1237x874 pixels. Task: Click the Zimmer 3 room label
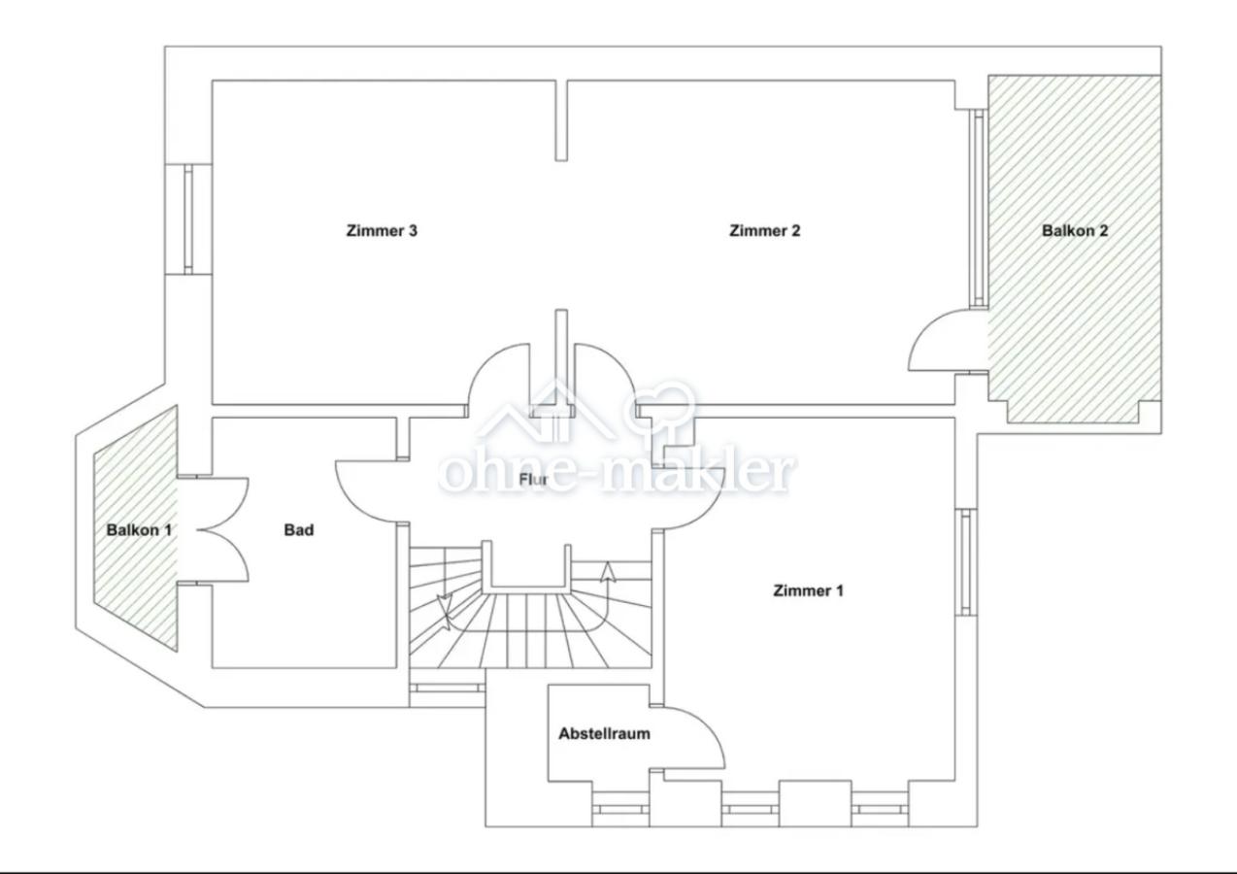click(382, 230)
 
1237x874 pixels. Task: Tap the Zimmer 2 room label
click(764, 230)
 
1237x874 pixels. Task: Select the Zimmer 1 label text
click(808, 590)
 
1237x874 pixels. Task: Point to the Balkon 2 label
click(1075, 230)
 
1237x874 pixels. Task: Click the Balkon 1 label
click(139, 530)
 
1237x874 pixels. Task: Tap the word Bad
click(299, 530)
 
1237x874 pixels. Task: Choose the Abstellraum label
click(604, 733)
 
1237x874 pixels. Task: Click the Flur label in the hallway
click(533, 480)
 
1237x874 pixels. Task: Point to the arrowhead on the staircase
click(608, 572)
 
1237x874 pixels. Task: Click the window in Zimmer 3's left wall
click(188, 218)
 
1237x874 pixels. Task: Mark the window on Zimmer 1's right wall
click(966, 562)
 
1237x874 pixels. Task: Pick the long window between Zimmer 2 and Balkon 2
click(979, 208)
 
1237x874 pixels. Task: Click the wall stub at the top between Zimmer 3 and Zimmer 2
click(561, 120)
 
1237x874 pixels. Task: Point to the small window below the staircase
click(448, 688)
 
